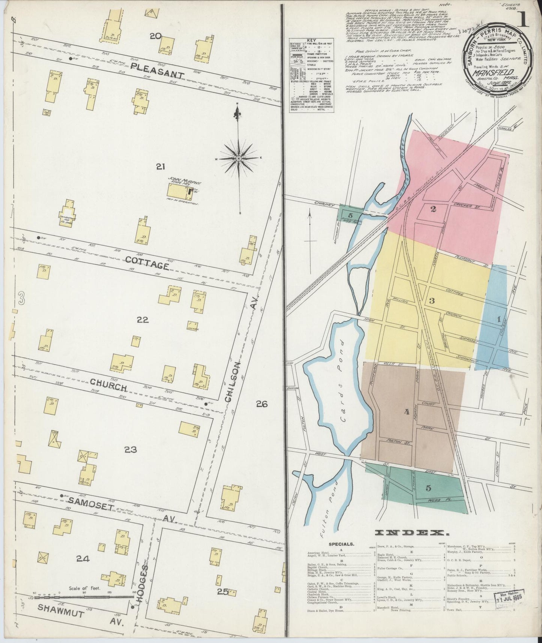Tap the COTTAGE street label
pyautogui.click(x=147, y=262)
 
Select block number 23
pyautogui.click(x=130, y=449)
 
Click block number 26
pyautogui.click(x=261, y=404)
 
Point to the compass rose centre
pyautogui.click(x=239, y=159)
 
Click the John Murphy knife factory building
pyautogui.click(x=179, y=192)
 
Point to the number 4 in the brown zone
pyautogui.click(x=406, y=412)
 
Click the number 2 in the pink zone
pyautogui.click(x=433, y=209)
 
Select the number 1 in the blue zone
pyautogui.click(x=499, y=319)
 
